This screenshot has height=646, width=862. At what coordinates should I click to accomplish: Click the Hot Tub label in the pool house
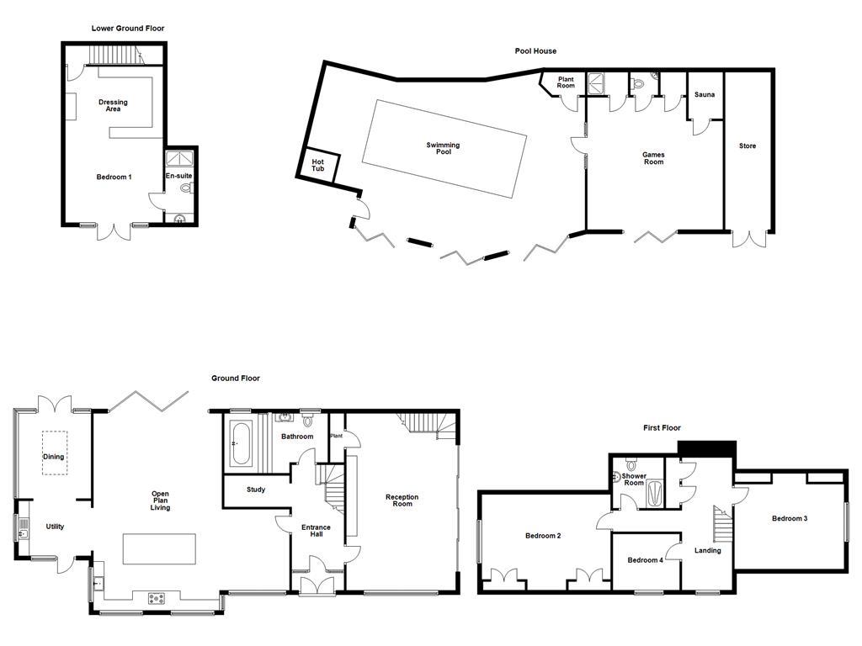317,165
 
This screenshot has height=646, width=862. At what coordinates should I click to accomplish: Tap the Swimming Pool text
443,149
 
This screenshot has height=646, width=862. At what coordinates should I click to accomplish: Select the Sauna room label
705,95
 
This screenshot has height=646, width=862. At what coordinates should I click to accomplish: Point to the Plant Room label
566,82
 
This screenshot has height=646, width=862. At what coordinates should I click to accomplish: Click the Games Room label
653,158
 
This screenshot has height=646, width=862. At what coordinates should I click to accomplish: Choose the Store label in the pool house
748,146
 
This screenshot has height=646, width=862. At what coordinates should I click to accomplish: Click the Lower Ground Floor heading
128,29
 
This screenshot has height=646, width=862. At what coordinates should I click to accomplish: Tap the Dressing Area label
113,105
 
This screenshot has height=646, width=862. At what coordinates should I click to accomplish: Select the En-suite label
178,177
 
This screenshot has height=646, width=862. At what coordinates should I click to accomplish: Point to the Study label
256,490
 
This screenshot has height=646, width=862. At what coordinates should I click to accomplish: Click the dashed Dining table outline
54,453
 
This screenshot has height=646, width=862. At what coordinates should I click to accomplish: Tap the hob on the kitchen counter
157,599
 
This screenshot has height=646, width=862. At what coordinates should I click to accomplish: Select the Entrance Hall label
317,532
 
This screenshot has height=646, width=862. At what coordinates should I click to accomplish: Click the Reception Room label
402,500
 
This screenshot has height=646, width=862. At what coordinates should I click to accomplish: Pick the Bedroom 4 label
645,561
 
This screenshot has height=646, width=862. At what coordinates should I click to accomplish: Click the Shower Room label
634,479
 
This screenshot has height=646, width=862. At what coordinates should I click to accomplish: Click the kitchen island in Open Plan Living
159,549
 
